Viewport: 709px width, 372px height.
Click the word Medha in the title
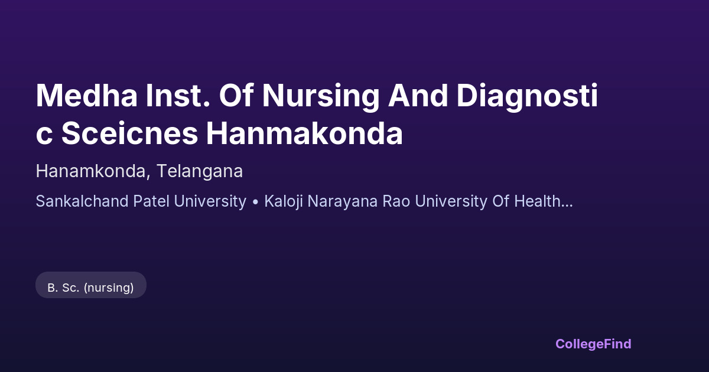[x=86, y=96]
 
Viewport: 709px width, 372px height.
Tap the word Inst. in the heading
[x=178, y=96]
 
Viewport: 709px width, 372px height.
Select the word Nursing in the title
[x=321, y=97]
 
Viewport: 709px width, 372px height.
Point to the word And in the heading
[x=418, y=96]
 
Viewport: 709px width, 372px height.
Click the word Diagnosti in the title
[x=527, y=97]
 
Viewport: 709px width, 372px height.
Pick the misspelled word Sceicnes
[x=129, y=133]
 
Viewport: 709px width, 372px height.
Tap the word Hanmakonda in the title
[x=304, y=133]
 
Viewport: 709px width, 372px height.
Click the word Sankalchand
[x=82, y=201]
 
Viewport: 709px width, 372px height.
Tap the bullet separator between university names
[x=255, y=202]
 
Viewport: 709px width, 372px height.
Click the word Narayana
[x=343, y=203]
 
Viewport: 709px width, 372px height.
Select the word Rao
[x=396, y=201]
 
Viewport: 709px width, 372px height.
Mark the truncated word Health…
[x=544, y=201]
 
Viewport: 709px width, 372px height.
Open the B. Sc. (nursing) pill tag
[x=91, y=285]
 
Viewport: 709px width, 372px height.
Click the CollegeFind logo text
[x=593, y=344]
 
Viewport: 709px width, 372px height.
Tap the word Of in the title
[x=236, y=96]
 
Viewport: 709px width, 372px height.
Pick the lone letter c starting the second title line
[x=44, y=136]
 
